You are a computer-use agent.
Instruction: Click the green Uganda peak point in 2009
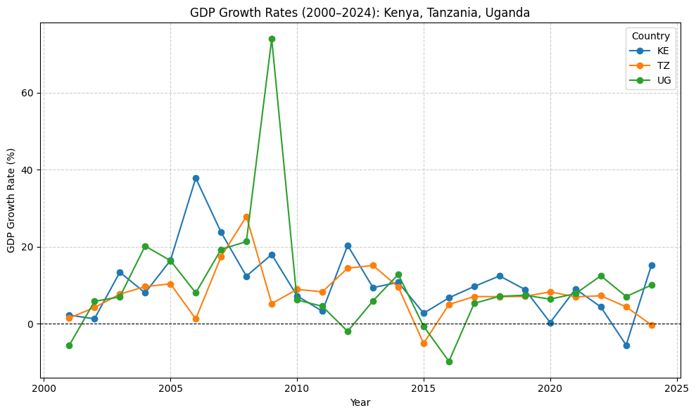272,39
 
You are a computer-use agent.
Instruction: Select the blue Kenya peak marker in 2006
196,178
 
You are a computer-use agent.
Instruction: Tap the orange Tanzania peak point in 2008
246,217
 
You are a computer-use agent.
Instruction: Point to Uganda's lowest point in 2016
449,362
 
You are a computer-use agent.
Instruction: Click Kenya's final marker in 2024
652,265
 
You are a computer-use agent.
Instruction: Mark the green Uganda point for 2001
69,345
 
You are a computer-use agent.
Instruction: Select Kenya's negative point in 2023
626,345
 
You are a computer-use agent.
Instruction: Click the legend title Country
650,36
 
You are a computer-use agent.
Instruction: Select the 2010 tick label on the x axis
297,388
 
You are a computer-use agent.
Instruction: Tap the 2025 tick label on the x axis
677,388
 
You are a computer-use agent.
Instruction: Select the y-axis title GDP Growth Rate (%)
11,200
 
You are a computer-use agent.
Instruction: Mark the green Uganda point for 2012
348,331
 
